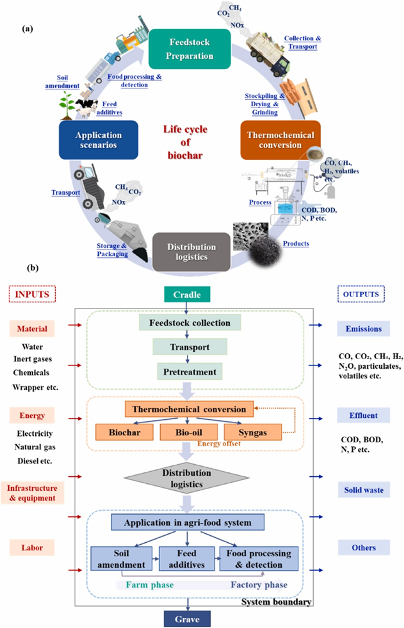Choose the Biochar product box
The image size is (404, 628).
(x=125, y=432)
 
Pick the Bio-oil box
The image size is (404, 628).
(x=186, y=432)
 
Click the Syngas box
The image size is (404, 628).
(x=246, y=432)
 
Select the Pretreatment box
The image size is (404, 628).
(x=189, y=371)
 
